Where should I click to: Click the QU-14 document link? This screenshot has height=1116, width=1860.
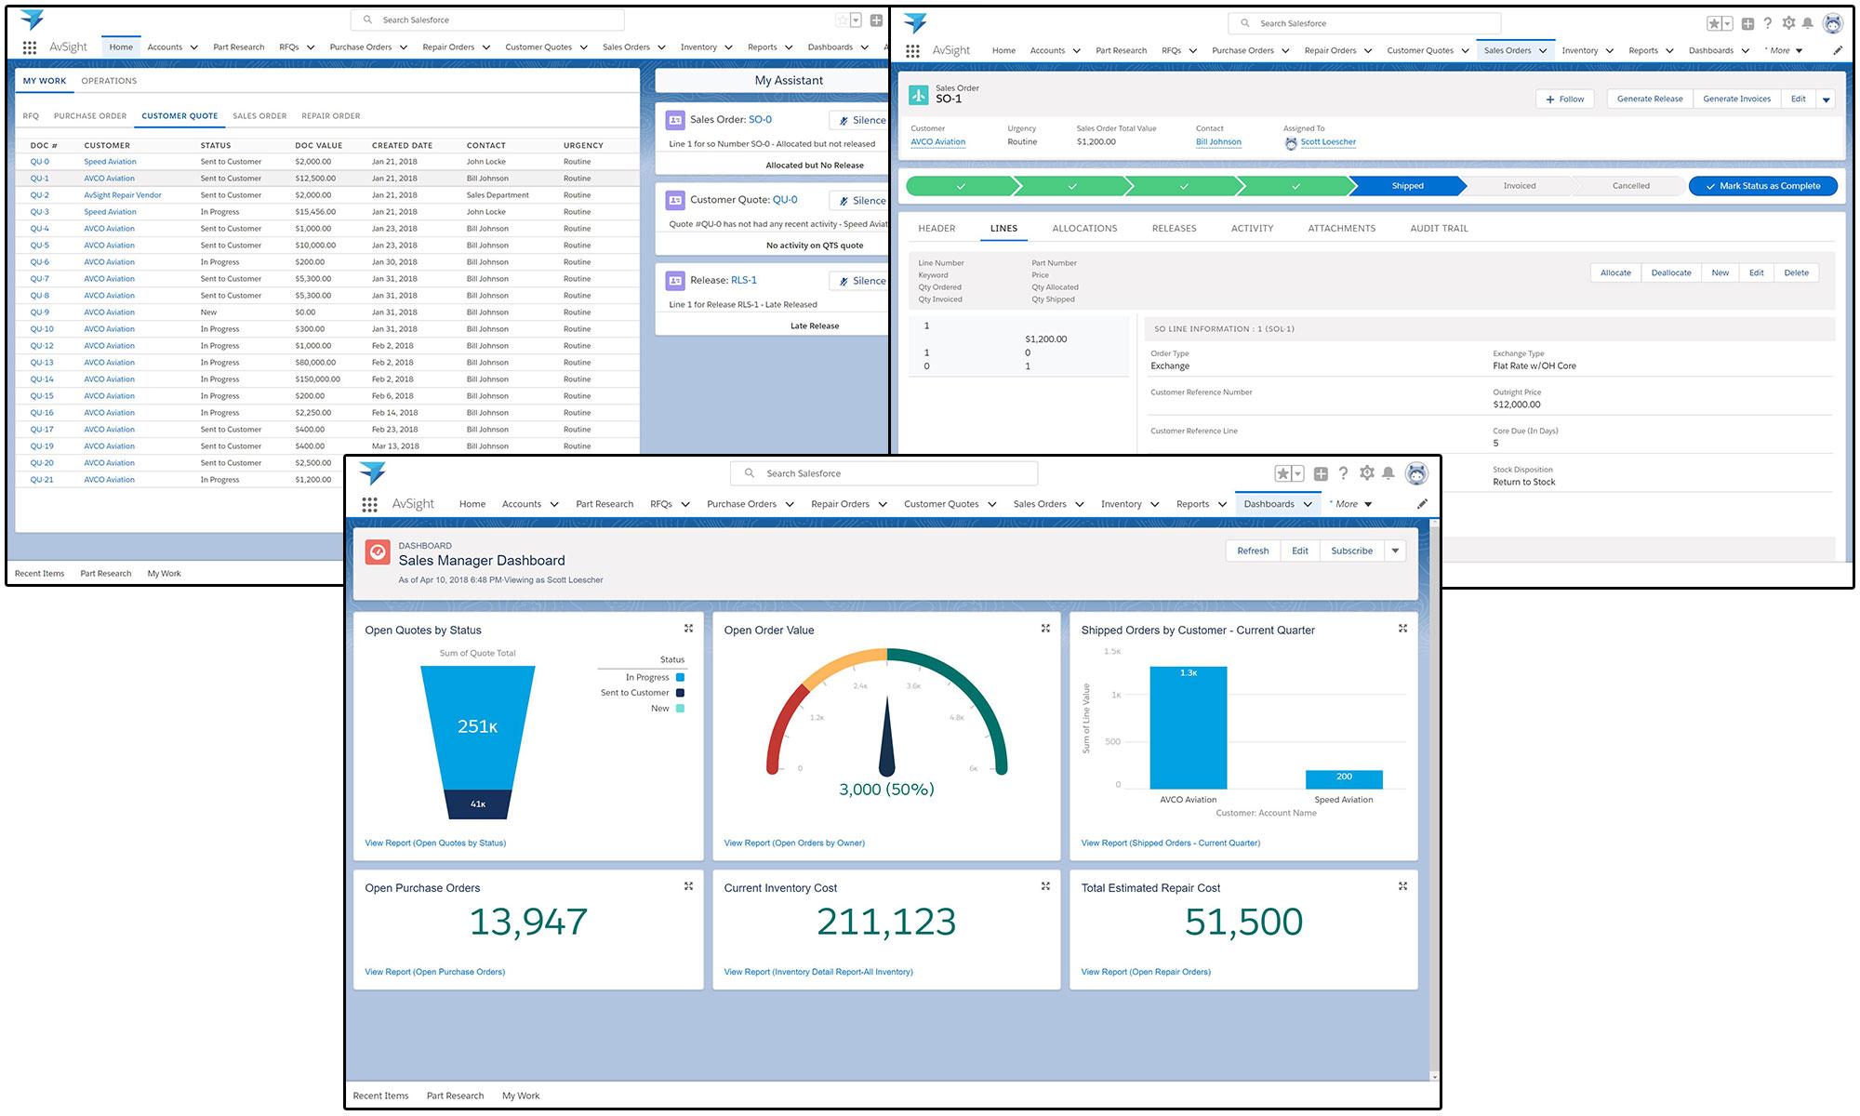(42, 379)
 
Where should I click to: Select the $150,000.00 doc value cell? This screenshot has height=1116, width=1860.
(317, 379)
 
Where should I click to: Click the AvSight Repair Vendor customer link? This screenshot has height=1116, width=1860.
(123, 195)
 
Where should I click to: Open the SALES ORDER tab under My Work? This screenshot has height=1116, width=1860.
(259, 116)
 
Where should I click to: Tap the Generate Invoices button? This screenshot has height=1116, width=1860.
(1736, 99)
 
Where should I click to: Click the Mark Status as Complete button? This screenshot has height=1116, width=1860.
(1762, 186)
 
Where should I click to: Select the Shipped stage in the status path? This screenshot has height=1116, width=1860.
(1407, 186)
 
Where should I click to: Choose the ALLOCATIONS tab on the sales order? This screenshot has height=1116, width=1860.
(1084, 229)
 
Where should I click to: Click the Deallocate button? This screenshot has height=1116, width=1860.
(1670, 272)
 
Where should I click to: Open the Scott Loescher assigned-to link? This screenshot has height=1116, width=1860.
(1327, 142)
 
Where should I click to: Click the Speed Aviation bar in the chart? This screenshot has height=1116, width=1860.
(1344, 779)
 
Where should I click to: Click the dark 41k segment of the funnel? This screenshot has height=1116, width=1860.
(478, 804)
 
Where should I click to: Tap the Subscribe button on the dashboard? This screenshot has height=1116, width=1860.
(1351, 551)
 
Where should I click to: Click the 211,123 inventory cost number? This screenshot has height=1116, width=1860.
(885, 922)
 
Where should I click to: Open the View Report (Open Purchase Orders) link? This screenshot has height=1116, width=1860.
(434, 972)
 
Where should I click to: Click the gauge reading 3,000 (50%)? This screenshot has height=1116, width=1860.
(886, 790)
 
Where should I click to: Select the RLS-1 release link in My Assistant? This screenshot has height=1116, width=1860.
(743, 280)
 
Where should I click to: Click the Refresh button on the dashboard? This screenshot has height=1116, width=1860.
(1253, 551)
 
